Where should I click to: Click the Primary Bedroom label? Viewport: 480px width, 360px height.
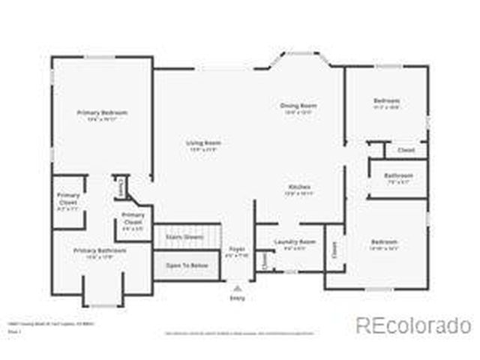coord(102,112)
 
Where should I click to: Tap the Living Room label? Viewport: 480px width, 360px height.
coord(202,142)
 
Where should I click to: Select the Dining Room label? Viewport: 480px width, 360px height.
coord(295,106)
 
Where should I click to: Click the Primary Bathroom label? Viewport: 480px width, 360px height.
coord(99,250)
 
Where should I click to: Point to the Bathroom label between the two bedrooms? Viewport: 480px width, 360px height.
coord(398,175)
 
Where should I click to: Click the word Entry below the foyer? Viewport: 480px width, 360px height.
coord(237,298)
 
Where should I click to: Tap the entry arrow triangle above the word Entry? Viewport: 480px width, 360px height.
coord(237,287)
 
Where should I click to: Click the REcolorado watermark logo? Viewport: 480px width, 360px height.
coord(413,325)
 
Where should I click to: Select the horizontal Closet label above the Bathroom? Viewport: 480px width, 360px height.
coord(406,150)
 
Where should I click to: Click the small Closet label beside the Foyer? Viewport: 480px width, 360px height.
coord(264,259)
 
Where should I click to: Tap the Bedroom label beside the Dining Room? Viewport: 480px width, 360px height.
coord(387,100)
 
